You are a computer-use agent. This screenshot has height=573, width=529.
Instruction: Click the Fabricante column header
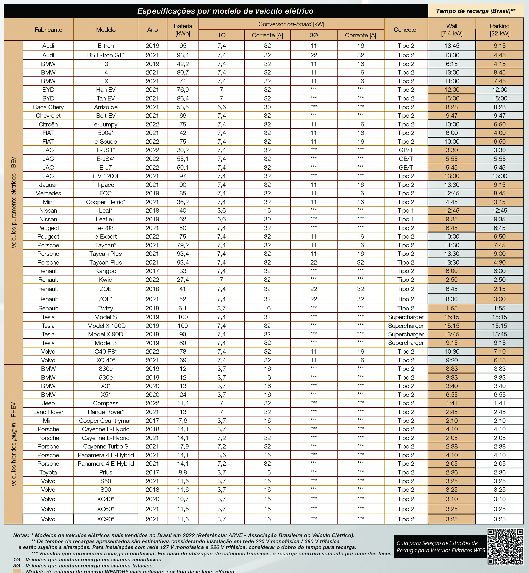pyautogui.click(x=48, y=30)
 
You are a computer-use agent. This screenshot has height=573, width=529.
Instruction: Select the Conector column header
pyautogui.click(x=406, y=30)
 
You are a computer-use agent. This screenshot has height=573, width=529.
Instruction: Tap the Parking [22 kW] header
pyautogui.click(x=499, y=30)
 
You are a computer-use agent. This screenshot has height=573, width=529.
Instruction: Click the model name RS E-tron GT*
pyautogui.click(x=106, y=55)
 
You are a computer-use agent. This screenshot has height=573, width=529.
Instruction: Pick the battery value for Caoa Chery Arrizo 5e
pyautogui.click(x=183, y=107)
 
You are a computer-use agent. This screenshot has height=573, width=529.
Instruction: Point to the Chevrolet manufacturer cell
pyautogui.click(x=48, y=116)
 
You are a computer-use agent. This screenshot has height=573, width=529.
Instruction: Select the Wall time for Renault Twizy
pyautogui.click(x=451, y=308)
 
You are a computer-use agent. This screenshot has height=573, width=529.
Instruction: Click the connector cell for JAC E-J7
pyautogui.click(x=406, y=167)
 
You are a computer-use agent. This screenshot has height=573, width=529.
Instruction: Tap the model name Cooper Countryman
pyautogui.click(x=106, y=421)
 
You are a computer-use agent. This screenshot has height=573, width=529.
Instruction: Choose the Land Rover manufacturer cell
pyautogui.click(x=48, y=412)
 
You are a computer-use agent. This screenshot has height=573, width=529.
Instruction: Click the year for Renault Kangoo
pyautogui.click(x=152, y=271)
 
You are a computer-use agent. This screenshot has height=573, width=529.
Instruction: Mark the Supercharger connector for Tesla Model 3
pyautogui.click(x=406, y=343)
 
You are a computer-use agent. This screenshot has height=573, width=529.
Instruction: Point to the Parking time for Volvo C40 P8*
pyautogui.click(x=499, y=351)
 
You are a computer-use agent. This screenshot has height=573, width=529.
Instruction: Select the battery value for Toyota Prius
pyautogui.click(x=183, y=473)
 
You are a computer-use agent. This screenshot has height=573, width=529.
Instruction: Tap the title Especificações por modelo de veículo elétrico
pyautogui.click(x=225, y=11)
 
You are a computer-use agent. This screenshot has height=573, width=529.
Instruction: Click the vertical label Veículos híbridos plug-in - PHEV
pyautogui.click(x=13, y=444)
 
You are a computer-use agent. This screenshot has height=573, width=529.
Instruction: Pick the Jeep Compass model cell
pyautogui.click(x=106, y=403)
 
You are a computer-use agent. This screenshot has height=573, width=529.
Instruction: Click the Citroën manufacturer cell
pyautogui.click(x=48, y=124)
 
